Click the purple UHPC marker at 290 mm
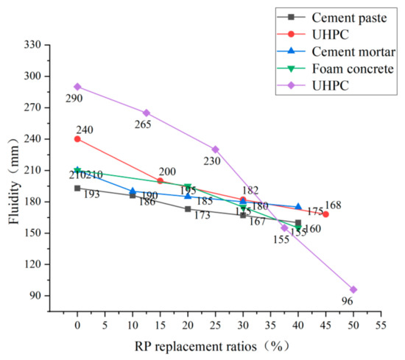[77, 86]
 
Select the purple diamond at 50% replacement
[353, 289]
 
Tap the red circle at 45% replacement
[325, 213]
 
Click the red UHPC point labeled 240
[77, 138]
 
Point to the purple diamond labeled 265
[147, 113]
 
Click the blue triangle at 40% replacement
[298, 207]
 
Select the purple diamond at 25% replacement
[215, 149]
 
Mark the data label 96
[348, 301]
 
